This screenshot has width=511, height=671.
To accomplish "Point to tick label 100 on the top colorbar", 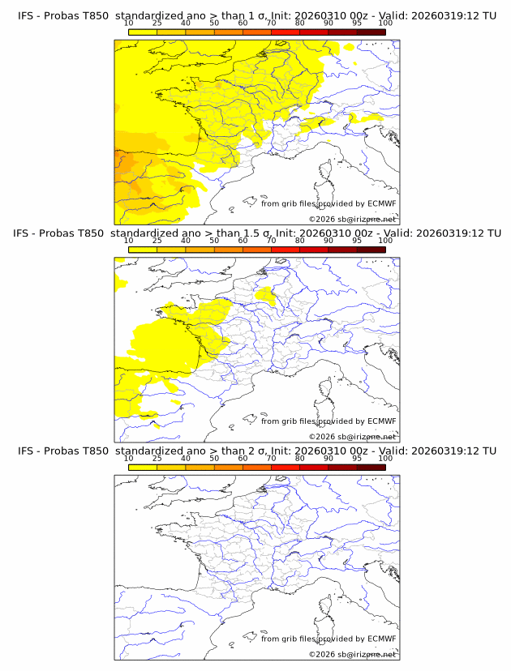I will [385, 24].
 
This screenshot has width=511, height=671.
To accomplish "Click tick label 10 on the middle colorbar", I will [128, 241].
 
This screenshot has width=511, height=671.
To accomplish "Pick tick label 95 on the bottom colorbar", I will [356, 459].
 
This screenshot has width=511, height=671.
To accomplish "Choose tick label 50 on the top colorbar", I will [214, 24].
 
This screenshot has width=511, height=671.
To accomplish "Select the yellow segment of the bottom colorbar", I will [142, 468].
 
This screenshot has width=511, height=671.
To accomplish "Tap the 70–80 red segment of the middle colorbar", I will [285, 250].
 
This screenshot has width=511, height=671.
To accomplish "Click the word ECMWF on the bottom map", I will [381, 639].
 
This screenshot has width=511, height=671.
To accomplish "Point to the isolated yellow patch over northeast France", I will [265, 294].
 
